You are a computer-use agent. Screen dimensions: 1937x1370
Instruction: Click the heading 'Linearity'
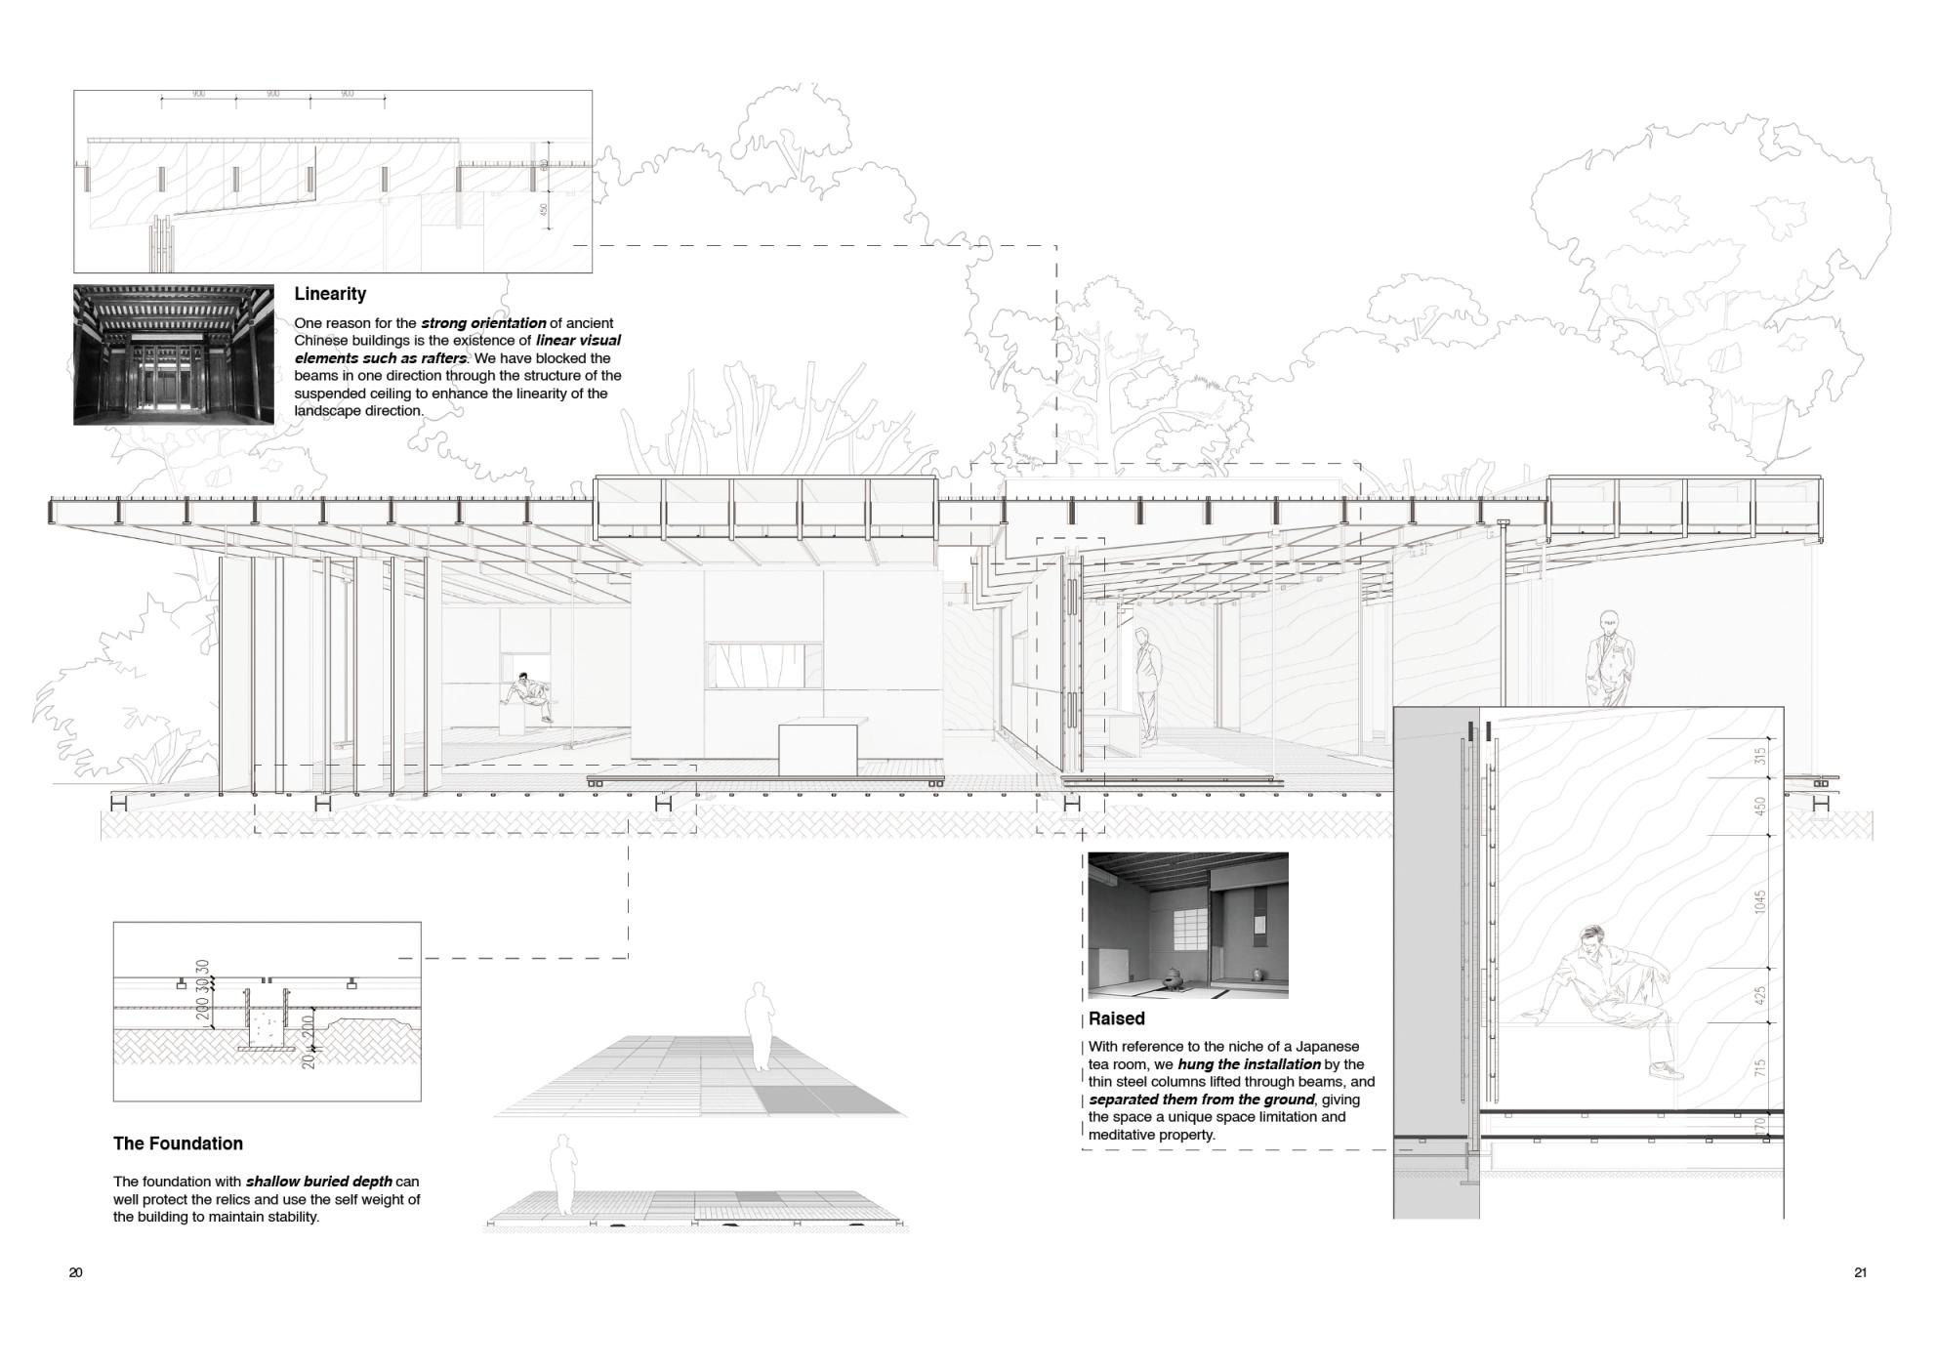coord(330,294)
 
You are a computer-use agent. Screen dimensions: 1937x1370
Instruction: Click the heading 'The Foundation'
coord(178,1143)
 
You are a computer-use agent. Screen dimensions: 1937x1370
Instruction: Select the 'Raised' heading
coord(1117,1018)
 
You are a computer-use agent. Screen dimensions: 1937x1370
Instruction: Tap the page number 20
coord(76,1272)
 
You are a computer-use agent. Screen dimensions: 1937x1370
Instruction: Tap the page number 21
coord(1860,1272)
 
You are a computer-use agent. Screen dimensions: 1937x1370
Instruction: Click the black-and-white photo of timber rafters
coord(173,354)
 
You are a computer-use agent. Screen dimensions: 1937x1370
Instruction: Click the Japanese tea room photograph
coord(1187,925)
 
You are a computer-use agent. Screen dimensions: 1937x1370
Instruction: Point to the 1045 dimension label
coord(1760,901)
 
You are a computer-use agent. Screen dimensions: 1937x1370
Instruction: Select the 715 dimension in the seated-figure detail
coord(1760,1067)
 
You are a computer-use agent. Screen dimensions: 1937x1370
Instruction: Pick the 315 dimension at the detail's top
coord(1760,756)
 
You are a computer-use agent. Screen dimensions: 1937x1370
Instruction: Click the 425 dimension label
coord(1760,996)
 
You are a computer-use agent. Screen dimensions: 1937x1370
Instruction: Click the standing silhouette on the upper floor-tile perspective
coord(760,1025)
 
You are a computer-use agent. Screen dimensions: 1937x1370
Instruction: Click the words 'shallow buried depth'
coord(319,1182)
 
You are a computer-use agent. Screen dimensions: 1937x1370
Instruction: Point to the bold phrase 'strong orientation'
coord(483,323)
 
